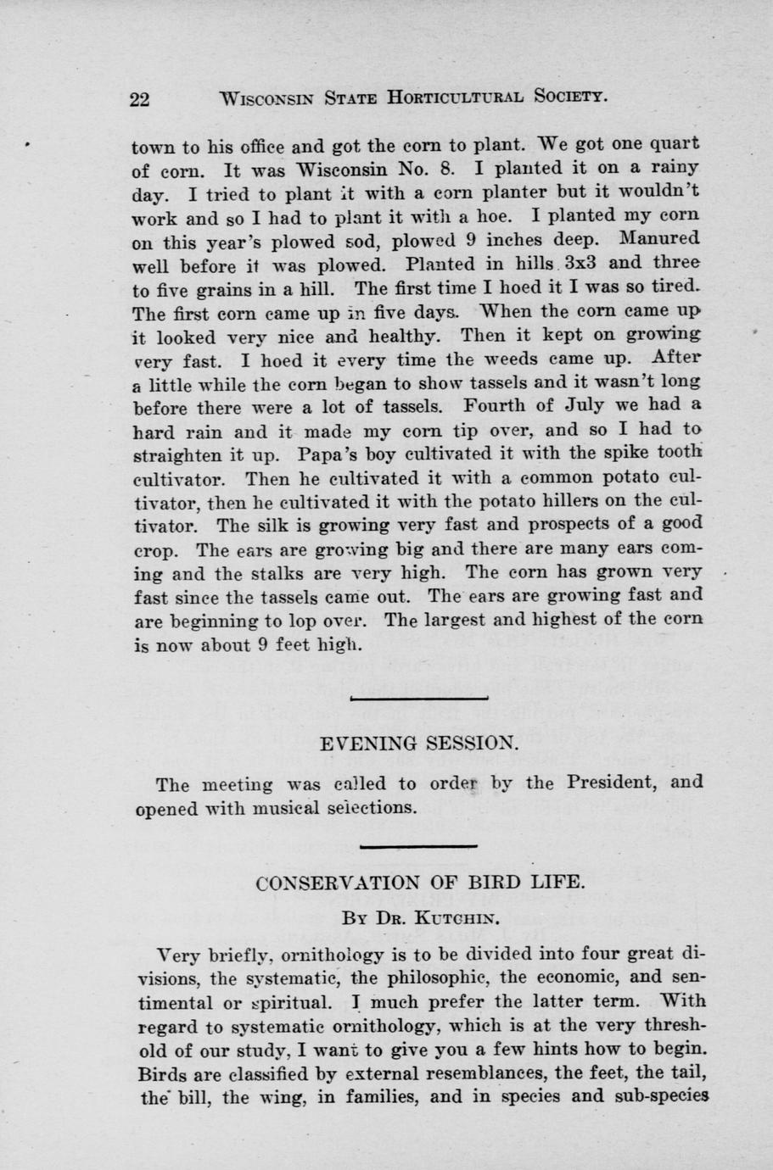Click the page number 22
(x=140, y=98)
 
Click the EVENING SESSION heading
(x=418, y=744)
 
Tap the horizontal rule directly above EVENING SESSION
(x=419, y=699)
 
